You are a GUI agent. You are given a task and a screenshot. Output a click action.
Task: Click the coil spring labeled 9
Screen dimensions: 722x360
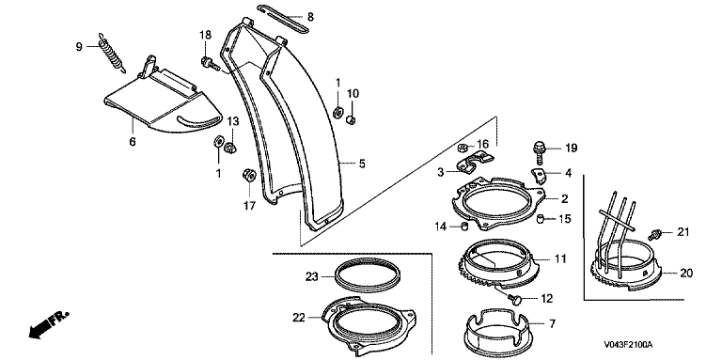pyautogui.click(x=112, y=53)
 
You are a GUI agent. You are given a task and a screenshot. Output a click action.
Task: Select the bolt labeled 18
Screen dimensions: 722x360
pyautogui.click(x=211, y=63)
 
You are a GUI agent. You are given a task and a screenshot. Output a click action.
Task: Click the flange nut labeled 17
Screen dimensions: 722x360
pyautogui.click(x=248, y=175)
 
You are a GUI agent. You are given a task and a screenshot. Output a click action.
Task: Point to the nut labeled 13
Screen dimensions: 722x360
pyautogui.click(x=229, y=148)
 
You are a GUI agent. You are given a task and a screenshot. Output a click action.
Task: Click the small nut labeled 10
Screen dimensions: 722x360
pyautogui.click(x=351, y=120)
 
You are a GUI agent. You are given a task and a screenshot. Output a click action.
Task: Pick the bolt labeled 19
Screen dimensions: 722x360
pyautogui.click(x=540, y=153)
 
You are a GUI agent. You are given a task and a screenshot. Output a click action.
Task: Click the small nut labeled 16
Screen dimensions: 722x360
pyautogui.click(x=463, y=148)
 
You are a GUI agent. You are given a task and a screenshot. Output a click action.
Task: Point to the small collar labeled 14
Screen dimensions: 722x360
pyautogui.click(x=464, y=227)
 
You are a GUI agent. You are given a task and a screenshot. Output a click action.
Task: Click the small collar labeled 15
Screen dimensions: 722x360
pyautogui.click(x=541, y=217)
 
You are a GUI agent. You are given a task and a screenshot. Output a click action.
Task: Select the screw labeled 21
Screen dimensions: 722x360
pyautogui.click(x=654, y=234)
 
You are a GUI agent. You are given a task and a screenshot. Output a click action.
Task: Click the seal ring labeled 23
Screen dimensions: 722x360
pyautogui.click(x=368, y=275)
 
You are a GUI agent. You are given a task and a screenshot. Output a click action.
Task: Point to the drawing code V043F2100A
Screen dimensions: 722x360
pyautogui.click(x=629, y=344)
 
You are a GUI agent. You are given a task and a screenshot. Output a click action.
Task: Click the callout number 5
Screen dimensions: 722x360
pyautogui.click(x=362, y=163)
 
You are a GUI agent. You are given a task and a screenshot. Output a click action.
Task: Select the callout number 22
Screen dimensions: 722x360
pyautogui.click(x=298, y=317)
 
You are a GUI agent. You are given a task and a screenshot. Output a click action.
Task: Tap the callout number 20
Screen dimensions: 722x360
pyautogui.click(x=685, y=273)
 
